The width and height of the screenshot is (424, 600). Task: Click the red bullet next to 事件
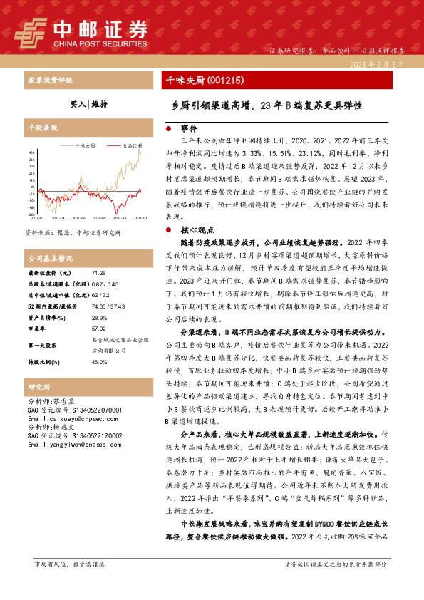click(167, 129)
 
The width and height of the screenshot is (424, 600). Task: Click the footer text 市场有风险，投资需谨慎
click(69, 584)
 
